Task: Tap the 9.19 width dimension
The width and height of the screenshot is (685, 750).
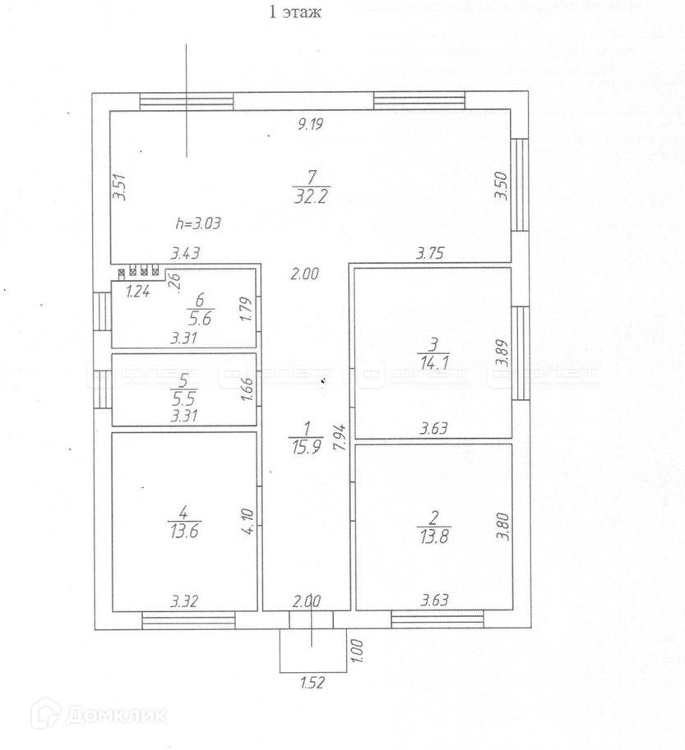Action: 310,125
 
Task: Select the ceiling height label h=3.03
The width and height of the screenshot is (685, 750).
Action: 197,223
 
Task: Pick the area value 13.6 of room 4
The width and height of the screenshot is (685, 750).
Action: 183,531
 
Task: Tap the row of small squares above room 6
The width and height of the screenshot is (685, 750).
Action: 139,272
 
